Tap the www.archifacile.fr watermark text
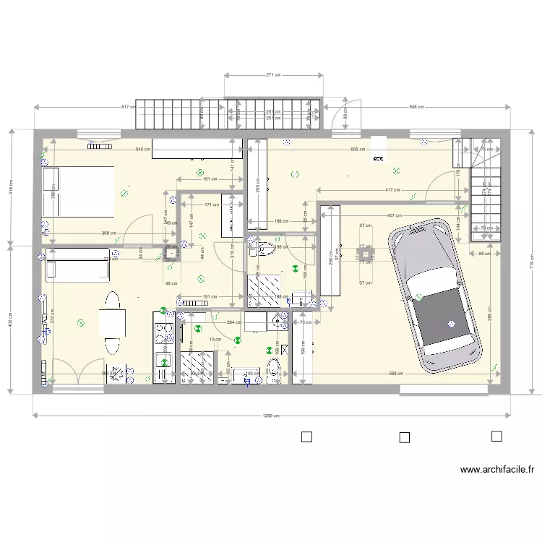[497, 470]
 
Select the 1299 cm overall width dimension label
[271, 416]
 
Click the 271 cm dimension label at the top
[273, 74]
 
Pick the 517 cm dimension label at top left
[129, 108]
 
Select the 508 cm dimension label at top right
[416, 108]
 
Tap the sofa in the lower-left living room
[77, 265]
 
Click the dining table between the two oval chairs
[112, 323]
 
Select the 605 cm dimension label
[357, 150]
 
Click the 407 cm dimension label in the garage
[394, 215]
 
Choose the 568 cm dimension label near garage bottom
[396, 374]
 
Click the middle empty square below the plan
[404, 437]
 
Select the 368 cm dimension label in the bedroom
[109, 233]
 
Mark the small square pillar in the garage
[366, 254]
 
